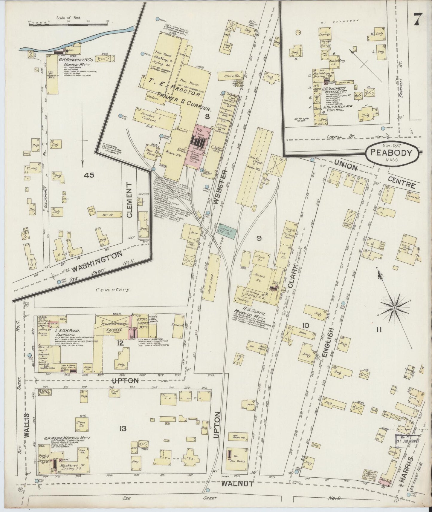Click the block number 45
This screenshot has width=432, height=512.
pos(89,175)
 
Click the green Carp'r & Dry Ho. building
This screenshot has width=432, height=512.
pos(228,229)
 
